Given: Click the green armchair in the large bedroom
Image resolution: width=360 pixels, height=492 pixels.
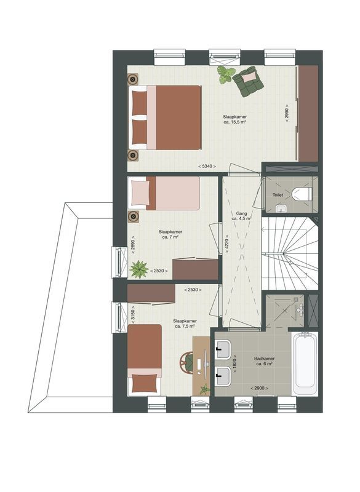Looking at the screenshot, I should click(249, 82).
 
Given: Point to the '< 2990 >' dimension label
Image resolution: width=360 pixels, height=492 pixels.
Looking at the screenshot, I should click(287, 114).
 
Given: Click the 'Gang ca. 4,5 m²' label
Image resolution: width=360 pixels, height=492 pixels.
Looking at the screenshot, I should click(239, 215).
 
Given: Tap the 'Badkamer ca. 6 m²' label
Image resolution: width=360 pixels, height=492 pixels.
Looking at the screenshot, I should click(264, 361).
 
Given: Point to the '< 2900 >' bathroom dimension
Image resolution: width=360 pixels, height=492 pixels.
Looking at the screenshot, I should click(260, 388).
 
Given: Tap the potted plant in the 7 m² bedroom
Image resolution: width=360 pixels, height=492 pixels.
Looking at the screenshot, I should click(139, 269).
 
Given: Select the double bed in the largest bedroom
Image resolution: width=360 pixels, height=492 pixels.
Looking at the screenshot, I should click(166, 117).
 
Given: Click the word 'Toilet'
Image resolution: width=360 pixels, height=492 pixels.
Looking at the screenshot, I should click(278, 195).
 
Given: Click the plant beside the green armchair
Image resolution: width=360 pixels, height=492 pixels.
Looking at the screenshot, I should click(226, 75).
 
